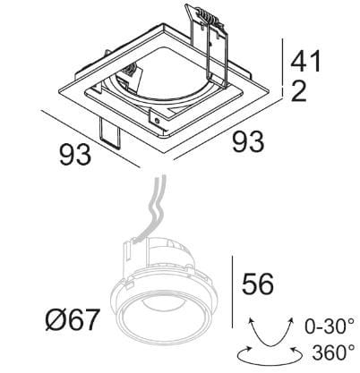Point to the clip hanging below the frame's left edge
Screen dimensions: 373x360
110,132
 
